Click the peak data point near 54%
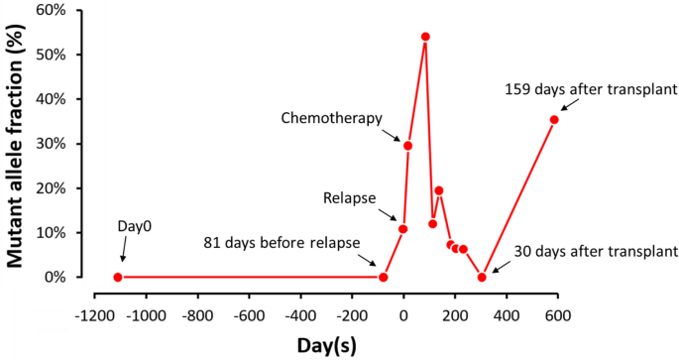coord(425,37)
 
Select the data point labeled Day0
coord(118,277)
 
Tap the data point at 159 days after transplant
coord(554,120)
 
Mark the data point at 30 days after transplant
coord(482,277)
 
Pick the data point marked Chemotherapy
coord(407,146)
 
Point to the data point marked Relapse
coord(402,229)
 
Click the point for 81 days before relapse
coord(383,277)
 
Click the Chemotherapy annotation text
coord(331,119)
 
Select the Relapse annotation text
coord(350,198)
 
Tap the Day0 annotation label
coord(135,228)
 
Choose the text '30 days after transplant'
coord(596,252)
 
